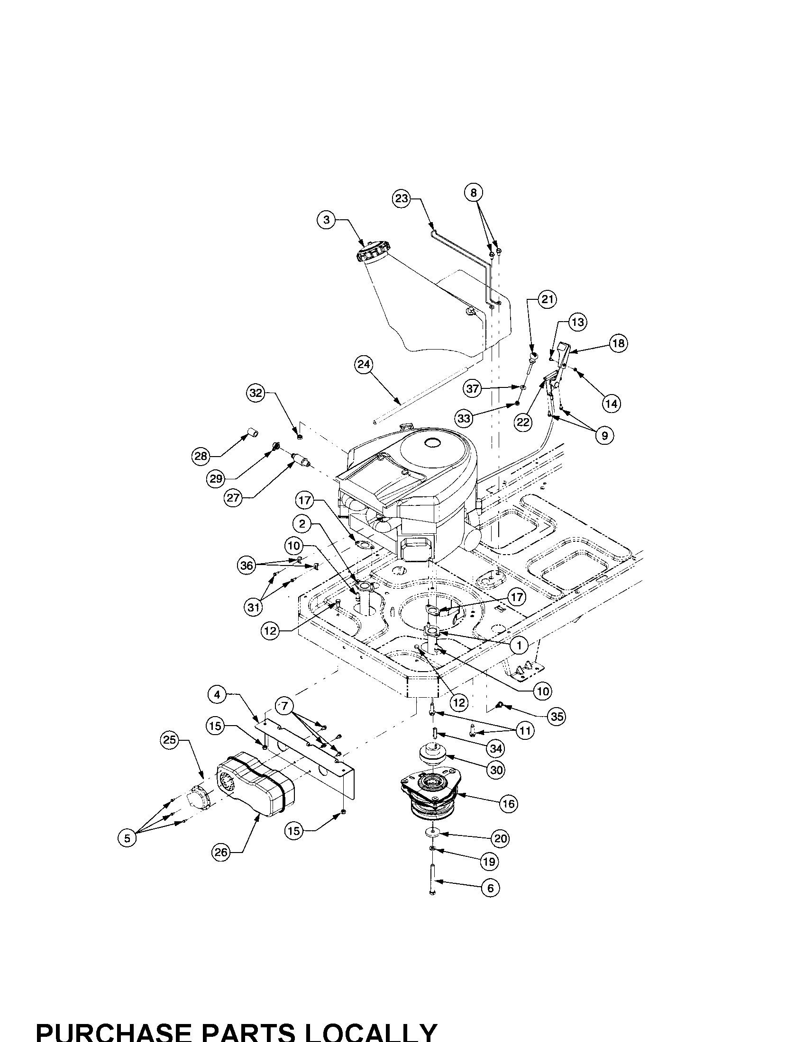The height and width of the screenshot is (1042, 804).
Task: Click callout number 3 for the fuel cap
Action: [x=327, y=220]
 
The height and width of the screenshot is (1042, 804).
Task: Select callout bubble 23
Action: [x=402, y=198]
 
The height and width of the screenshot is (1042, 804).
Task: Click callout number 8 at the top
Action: [x=473, y=193]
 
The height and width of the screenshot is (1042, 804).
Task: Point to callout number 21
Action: [x=548, y=299]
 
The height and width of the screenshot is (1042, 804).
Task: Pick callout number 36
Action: [x=247, y=566]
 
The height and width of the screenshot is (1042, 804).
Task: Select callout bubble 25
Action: [x=169, y=740]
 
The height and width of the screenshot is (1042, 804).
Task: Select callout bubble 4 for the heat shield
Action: [x=217, y=695]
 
